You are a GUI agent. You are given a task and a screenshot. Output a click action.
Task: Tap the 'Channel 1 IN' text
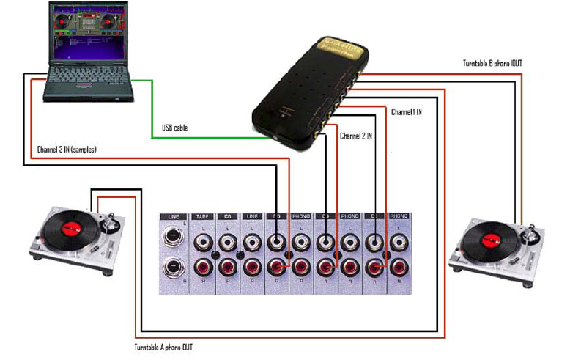click(x=407, y=112)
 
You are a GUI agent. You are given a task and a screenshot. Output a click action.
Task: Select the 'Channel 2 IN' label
click(x=356, y=136)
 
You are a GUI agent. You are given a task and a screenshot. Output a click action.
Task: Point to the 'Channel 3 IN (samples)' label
click(x=67, y=150)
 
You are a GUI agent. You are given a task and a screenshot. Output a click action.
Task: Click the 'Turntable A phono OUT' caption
click(x=164, y=347)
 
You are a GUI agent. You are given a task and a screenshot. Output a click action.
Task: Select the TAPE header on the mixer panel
click(x=201, y=217)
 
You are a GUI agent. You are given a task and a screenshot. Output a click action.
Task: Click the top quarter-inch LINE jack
click(x=174, y=240)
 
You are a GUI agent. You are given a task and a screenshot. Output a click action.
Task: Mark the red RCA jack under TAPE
click(x=202, y=267)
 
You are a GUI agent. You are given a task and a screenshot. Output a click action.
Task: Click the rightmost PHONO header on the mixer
click(x=399, y=217)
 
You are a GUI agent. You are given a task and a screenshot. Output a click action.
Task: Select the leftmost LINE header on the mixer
click(x=174, y=217)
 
